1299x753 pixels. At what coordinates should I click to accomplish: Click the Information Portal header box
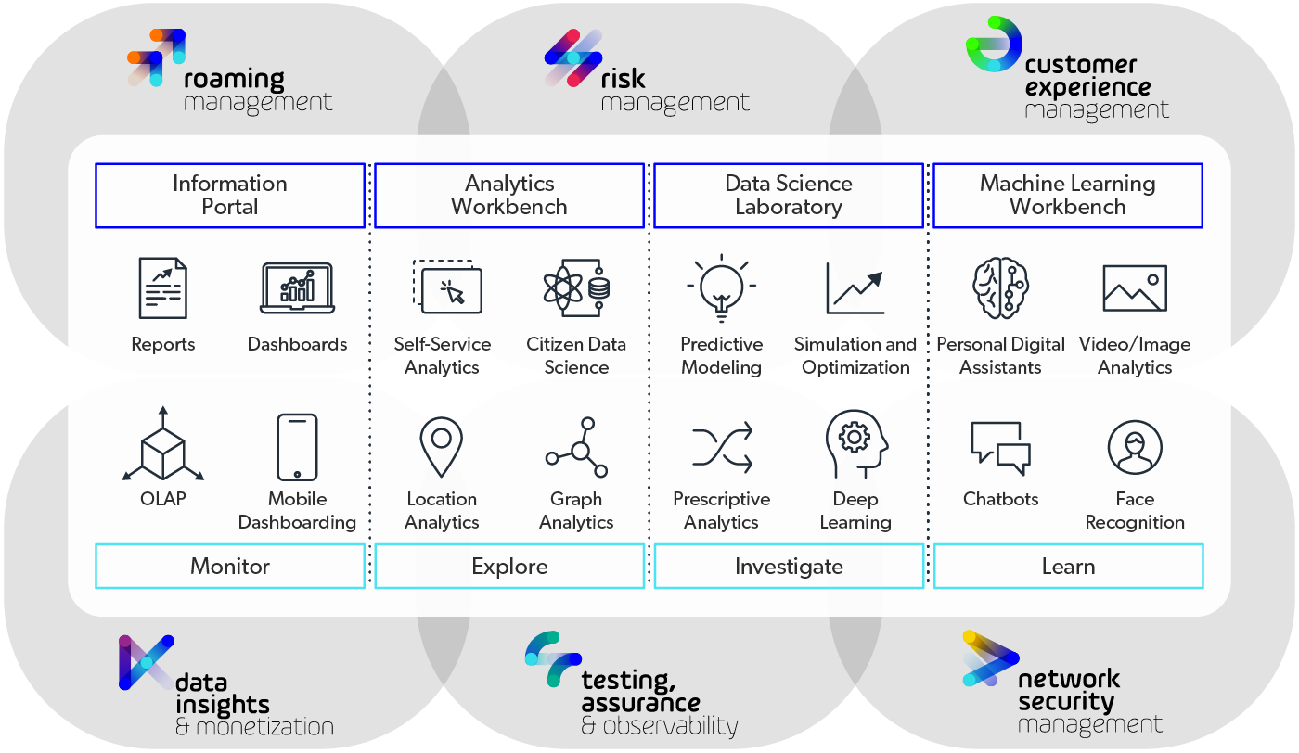[230, 196]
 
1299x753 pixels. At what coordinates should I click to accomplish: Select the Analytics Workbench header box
[509, 196]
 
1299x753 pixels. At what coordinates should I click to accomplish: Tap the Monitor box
[230, 566]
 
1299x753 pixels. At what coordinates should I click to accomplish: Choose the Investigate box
[789, 566]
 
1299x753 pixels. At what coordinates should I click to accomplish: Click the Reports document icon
[163, 288]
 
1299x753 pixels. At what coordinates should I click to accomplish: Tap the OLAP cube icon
[163, 444]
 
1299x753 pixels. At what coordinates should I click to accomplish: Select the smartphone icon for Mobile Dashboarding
[297, 446]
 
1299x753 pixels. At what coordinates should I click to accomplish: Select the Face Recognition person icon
[1134, 446]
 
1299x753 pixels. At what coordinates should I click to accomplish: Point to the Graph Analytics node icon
[577, 448]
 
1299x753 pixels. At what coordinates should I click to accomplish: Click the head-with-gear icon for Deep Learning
[855, 444]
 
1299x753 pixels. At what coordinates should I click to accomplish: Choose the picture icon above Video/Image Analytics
[1134, 287]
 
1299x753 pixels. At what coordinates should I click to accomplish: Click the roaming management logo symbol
[156, 57]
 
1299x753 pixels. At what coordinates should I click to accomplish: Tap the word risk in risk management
[623, 78]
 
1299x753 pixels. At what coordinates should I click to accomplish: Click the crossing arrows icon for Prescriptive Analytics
[721, 447]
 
